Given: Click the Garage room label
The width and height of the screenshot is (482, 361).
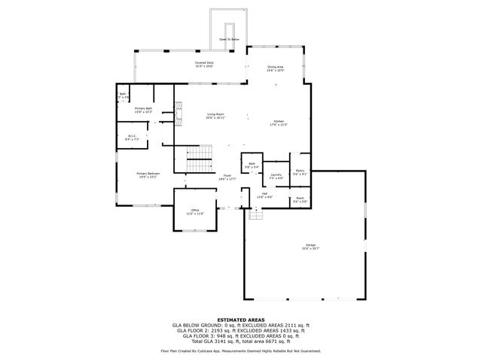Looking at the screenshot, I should (310, 247).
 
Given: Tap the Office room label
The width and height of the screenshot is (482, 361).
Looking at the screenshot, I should (194, 212).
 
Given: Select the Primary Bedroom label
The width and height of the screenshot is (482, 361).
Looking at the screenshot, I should (147, 175).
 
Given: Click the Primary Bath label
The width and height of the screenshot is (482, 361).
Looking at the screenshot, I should (143, 111).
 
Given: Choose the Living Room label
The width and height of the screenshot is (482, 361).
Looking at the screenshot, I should (216, 116).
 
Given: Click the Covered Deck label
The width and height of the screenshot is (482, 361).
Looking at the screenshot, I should (204, 64).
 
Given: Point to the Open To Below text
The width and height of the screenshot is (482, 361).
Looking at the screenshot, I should (230, 38).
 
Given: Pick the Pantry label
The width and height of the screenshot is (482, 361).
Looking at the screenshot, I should (300, 172).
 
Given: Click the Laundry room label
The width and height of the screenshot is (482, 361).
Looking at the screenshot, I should (276, 176).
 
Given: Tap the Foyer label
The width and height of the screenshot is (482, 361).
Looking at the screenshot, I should (227, 177).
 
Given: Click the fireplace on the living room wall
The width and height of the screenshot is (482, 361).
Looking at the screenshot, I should (178, 115).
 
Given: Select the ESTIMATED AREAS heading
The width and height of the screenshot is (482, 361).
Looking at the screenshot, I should (240, 320).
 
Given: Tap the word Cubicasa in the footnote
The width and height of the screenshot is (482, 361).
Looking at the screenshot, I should (214, 350).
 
